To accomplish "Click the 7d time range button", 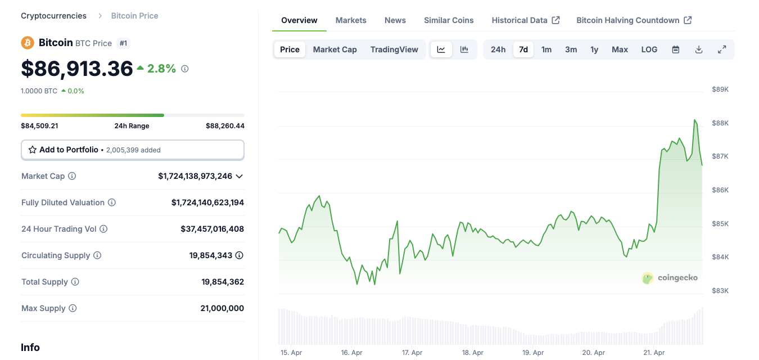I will (523, 49).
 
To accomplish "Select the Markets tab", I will (351, 20).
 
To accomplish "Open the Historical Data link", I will (525, 20).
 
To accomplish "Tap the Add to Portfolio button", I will (133, 150).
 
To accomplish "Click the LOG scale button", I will (649, 49).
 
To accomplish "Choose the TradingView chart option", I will (394, 49).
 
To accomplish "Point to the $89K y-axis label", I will (720, 89).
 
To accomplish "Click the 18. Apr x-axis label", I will (473, 353).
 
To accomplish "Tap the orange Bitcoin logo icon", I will (28, 43).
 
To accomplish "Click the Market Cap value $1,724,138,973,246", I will (195, 176).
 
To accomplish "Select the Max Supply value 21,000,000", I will (222, 308).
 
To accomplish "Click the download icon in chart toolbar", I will (699, 49).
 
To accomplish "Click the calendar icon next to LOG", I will (676, 49).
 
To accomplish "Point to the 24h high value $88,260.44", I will (225, 126).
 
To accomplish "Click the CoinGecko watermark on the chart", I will (670, 278).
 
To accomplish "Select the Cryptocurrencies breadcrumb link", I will (54, 16).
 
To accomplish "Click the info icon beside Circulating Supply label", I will (97, 255).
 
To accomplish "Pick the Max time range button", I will (620, 49).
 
